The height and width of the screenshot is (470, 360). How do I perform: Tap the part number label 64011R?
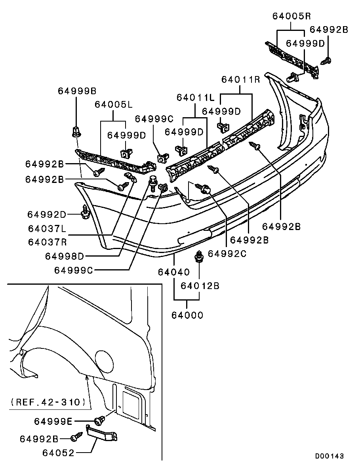pyautogui.click(x=240, y=79)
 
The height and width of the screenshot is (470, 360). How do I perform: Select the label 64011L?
pyautogui.click(x=195, y=97)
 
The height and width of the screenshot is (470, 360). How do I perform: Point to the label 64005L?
pyautogui.click(x=113, y=105)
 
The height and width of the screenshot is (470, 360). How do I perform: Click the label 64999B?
pyautogui.click(x=77, y=91)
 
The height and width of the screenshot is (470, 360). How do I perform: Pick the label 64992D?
pyautogui.click(x=47, y=214)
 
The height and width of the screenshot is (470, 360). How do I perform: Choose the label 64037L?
pyautogui.click(x=47, y=228)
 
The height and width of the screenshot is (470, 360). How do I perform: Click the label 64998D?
pyautogui.click(x=65, y=256)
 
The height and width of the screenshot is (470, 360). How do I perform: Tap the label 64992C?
pyautogui.click(x=227, y=253)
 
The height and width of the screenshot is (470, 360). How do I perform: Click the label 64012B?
pyautogui.click(x=200, y=285)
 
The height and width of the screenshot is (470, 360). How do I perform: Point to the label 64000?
pyautogui.click(x=187, y=315)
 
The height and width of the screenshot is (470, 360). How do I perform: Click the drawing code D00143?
pyautogui.click(x=329, y=456)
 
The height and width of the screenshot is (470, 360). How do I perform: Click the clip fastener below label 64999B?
pyautogui.click(x=76, y=131)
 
